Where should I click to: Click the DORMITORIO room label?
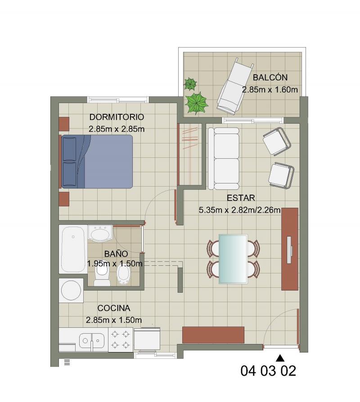(117, 117)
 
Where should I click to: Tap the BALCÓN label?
(270, 77)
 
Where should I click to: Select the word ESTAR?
(241, 198)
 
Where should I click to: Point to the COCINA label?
(114, 308)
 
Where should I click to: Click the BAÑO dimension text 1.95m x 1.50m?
(114, 264)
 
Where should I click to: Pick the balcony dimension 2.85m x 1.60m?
(270, 90)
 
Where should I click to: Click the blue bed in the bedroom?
(97, 161)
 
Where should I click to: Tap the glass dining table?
(233, 259)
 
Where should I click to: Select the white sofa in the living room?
(224, 158)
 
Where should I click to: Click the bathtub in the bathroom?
(73, 249)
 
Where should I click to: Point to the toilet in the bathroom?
(102, 276)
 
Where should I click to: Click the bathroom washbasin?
(100, 233)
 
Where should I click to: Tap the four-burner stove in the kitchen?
(120, 339)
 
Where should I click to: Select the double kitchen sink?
(92, 341)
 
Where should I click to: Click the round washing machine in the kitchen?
(71, 290)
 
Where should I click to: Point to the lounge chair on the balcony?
(235, 86)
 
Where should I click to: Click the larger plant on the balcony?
(197, 103)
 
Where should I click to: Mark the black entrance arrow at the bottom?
(280, 357)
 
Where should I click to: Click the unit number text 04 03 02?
(268, 371)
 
